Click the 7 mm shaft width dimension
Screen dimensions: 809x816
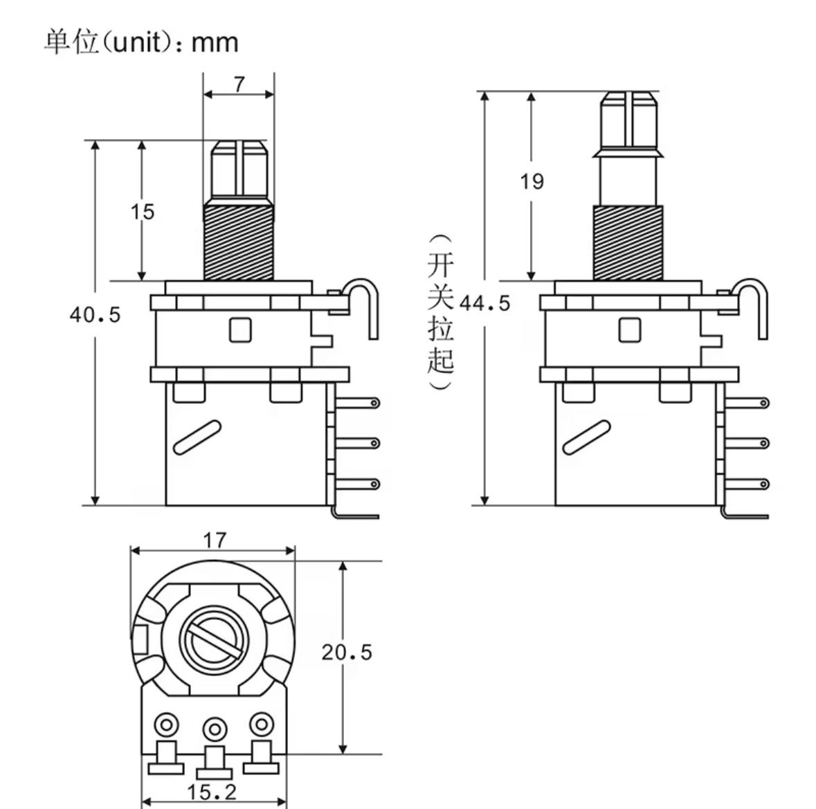point(239,84)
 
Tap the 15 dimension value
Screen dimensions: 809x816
point(143,212)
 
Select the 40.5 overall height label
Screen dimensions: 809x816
point(95,315)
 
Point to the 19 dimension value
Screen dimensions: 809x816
point(532,182)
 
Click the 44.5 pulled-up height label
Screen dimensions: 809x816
point(484,303)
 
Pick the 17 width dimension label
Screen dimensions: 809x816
point(215,540)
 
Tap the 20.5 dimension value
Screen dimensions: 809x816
point(346,652)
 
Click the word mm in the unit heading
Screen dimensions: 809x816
point(215,43)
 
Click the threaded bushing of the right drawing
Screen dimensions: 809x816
point(628,242)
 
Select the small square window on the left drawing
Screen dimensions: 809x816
point(240,329)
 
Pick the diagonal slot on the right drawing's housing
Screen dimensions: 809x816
point(586,437)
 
